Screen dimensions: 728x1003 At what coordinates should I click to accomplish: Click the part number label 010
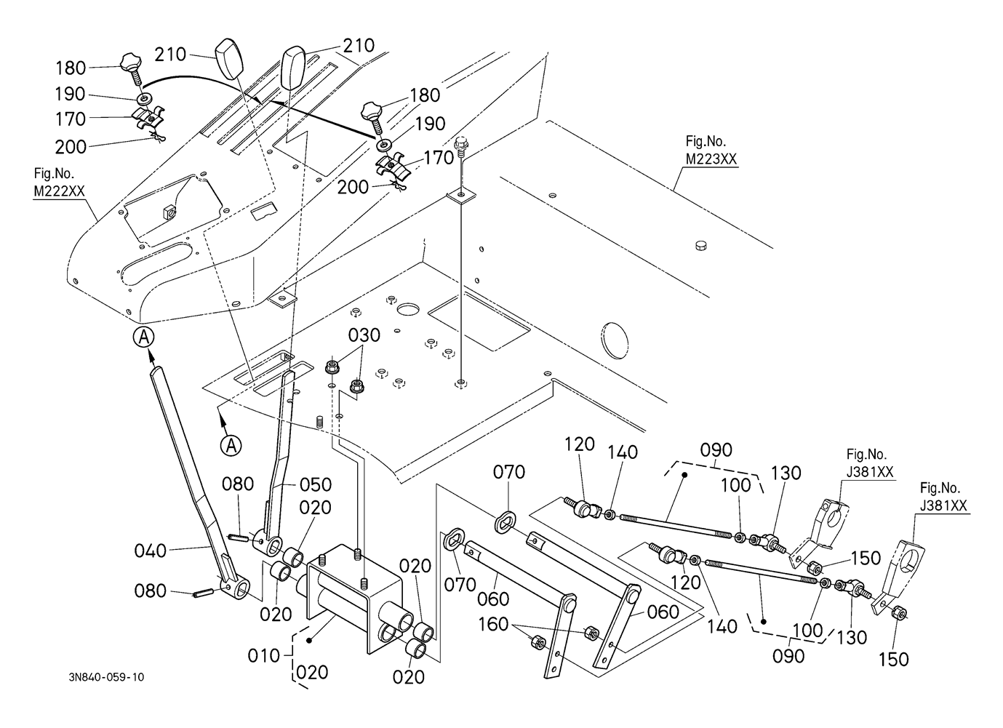(263, 655)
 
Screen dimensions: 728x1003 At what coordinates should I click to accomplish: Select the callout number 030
(364, 335)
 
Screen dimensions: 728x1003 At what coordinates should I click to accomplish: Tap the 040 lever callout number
(151, 551)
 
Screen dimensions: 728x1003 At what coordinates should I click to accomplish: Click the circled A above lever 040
(144, 337)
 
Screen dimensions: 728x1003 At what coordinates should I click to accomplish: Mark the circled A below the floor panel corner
(231, 445)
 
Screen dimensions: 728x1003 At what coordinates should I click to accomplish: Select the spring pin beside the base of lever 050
(238, 537)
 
